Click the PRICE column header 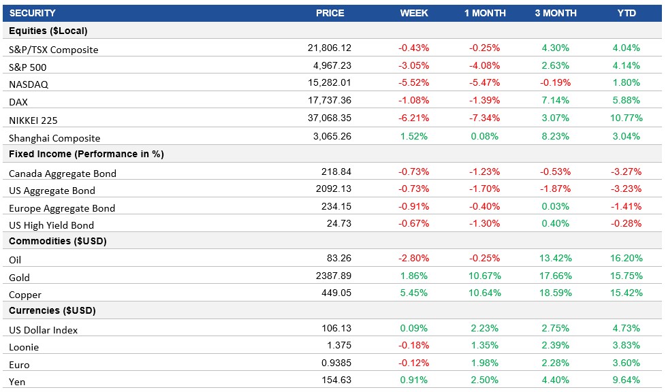330,13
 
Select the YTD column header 626,13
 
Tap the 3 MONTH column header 555,13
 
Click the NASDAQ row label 29,84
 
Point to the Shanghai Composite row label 54,137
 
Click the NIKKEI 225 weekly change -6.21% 413,119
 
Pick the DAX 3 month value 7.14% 556,101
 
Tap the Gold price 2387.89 332,276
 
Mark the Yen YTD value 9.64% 626,380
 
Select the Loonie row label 24,347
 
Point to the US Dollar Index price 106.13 334,329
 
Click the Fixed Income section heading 86,154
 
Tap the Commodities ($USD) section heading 57,241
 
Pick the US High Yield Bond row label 52,225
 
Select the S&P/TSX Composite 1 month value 484,48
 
